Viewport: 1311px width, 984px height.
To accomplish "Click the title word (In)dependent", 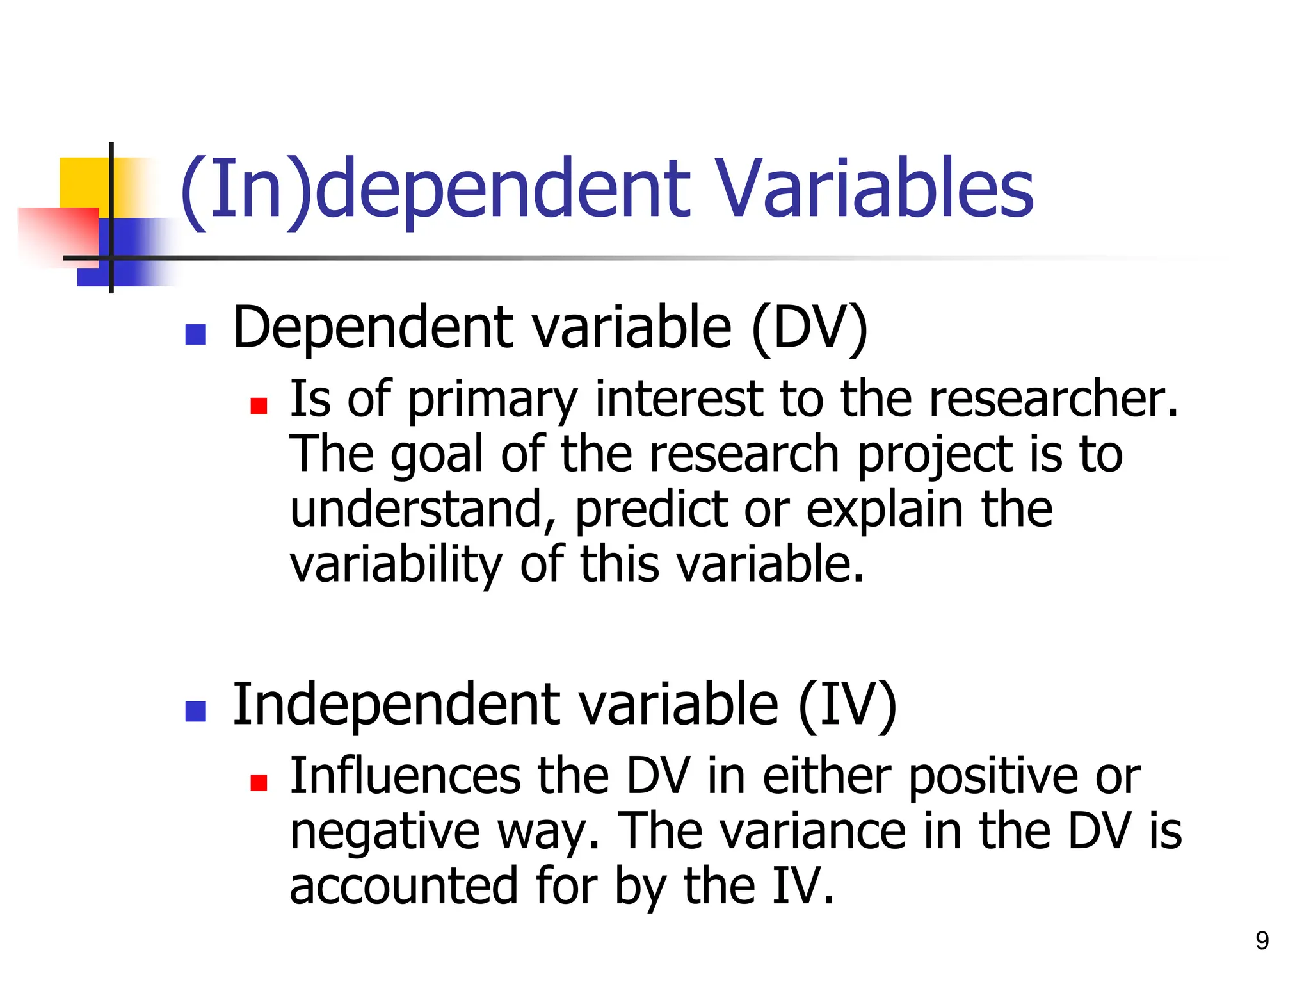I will (435, 190).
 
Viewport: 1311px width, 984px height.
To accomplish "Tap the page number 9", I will (1262, 940).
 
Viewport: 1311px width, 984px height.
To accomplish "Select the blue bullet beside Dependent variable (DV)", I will (195, 334).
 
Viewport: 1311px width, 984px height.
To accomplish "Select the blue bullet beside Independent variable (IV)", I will (195, 711).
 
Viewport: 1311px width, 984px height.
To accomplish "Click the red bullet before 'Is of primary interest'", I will (259, 406).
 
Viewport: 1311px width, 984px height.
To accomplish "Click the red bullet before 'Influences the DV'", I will (259, 783).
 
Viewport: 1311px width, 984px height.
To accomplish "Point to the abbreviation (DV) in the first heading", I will (809, 328).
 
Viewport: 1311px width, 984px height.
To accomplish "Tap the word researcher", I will (1053, 399).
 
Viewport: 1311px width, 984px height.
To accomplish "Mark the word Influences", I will (405, 776).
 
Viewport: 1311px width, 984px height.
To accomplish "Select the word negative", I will (385, 832).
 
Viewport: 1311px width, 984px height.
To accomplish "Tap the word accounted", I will (404, 887).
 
